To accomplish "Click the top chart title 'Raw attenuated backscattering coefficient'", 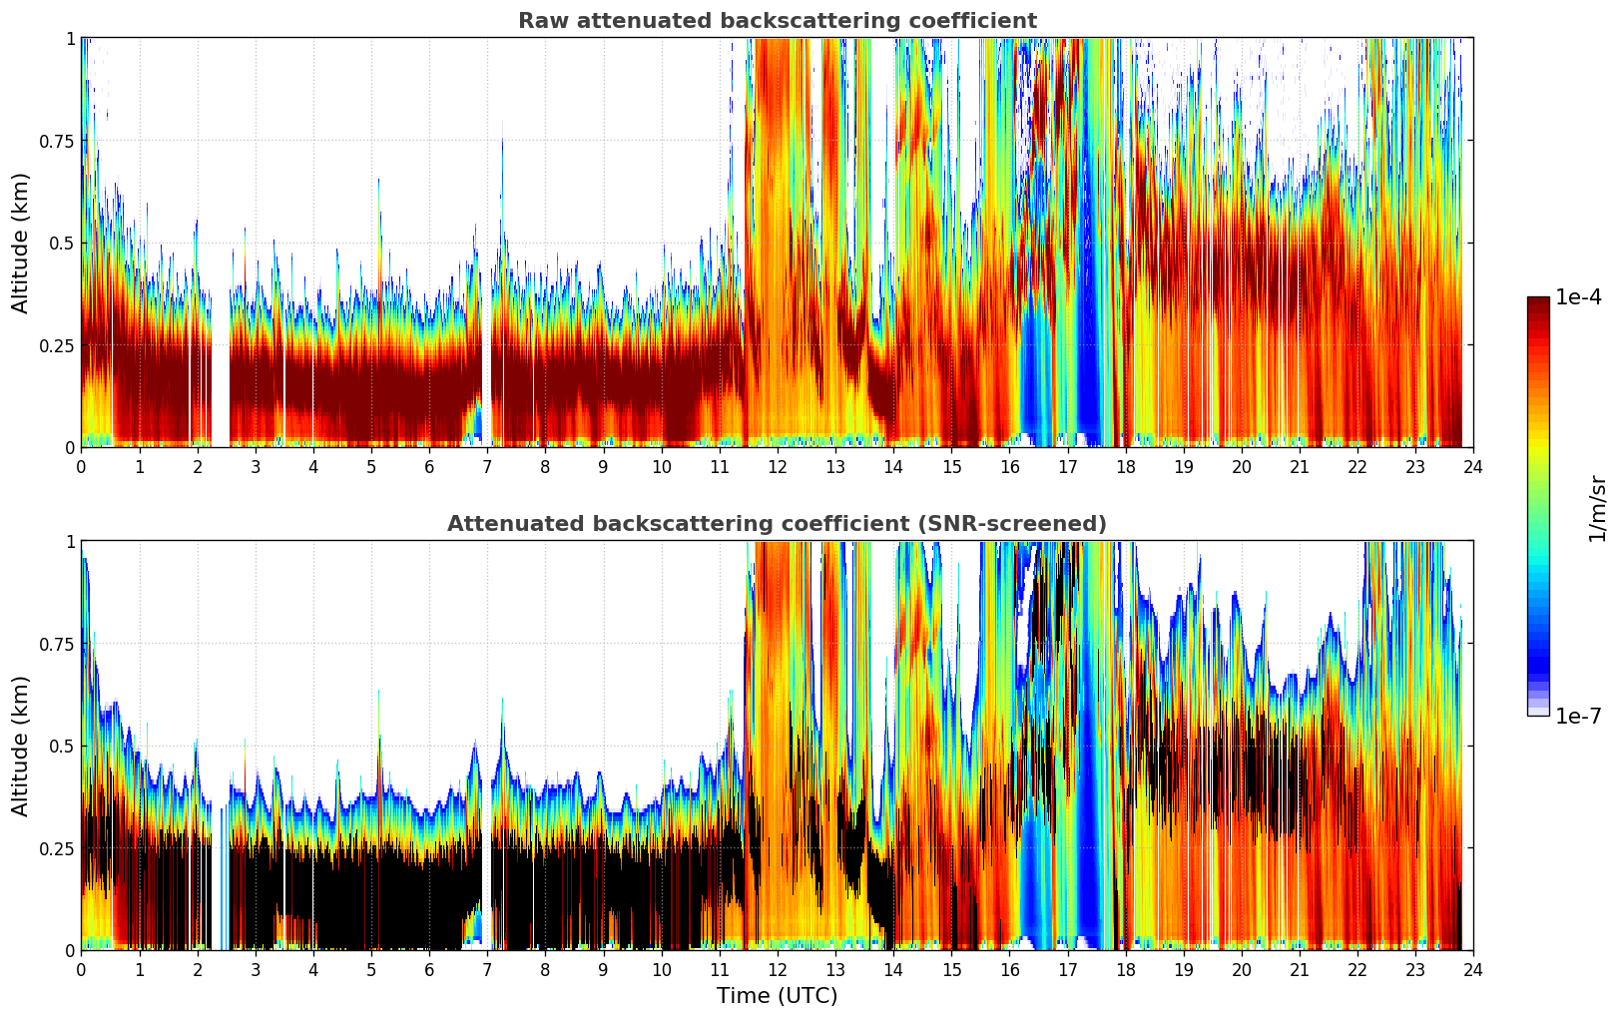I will coord(777,21).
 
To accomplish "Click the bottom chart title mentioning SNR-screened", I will coord(777,524).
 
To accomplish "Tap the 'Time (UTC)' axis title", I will coord(777,996).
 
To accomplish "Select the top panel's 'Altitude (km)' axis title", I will coord(21,243).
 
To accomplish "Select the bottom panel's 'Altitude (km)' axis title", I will coord(21,746).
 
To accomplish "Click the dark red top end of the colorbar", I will coord(1537,302).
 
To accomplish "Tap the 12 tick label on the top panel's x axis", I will coord(777,466).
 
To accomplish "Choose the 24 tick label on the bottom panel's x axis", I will coord(1472,969).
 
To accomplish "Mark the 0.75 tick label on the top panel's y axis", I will coord(57,141).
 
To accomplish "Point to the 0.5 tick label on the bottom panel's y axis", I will coord(62,746).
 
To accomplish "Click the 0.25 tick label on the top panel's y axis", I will coord(57,345).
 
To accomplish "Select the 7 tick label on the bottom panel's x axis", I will coord(487,969).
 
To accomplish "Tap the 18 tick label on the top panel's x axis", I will coord(1125,466).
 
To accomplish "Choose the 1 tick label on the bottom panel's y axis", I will coord(70,541).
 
